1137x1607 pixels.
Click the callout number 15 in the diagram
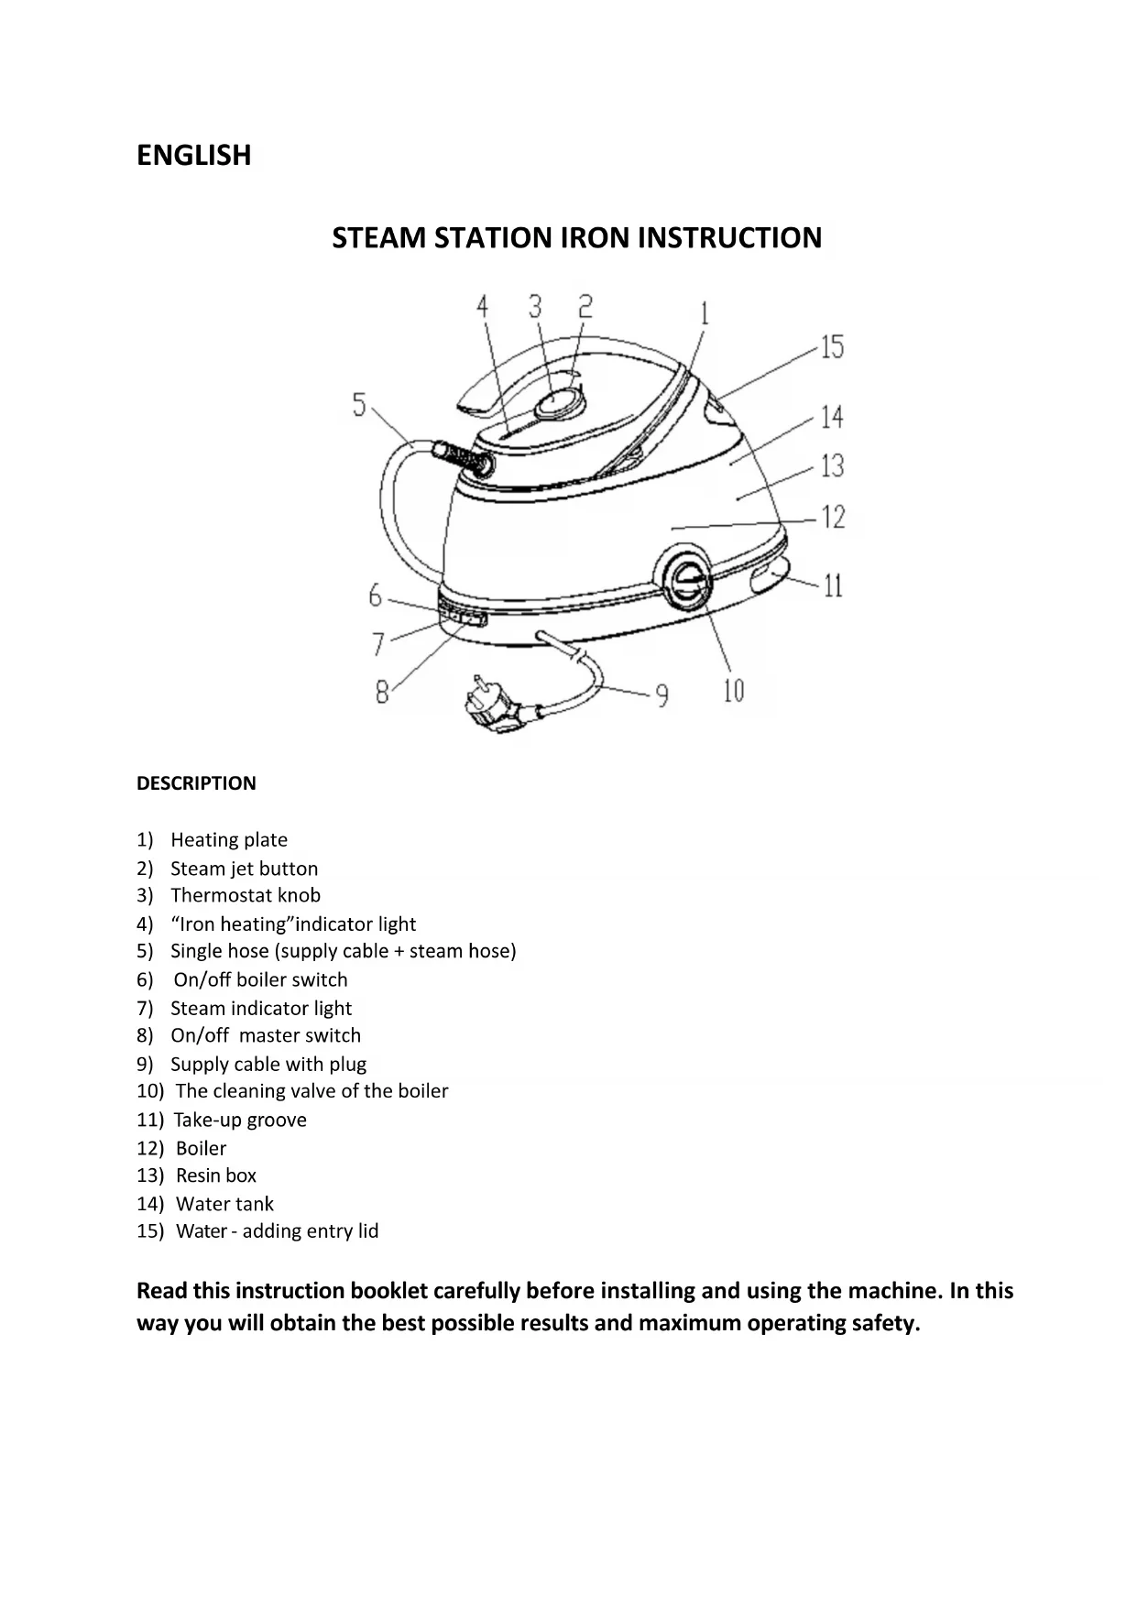pyautogui.click(x=831, y=347)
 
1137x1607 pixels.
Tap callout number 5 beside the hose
pyautogui.click(x=359, y=404)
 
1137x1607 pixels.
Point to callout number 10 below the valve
pyautogui.click(x=734, y=690)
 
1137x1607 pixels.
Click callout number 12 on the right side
pyautogui.click(x=832, y=518)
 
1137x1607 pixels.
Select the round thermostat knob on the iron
pyautogui.click(x=557, y=401)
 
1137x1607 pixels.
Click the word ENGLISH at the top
pyautogui.click(x=193, y=155)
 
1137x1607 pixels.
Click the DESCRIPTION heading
pyautogui.click(x=196, y=783)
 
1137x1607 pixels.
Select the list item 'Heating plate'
pyautogui.click(x=229, y=840)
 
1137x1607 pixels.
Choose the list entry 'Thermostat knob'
pyautogui.click(x=246, y=895)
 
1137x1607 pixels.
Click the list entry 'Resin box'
pyautogui.click(x=216, y=1175)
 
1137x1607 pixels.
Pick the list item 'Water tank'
pyautogui.click(x=224, y=1204)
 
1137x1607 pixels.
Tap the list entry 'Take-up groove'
pyautogui.click(x=240, y=1120)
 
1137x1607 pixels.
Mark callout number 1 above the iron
pyautogui.click(x=704, y=314)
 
